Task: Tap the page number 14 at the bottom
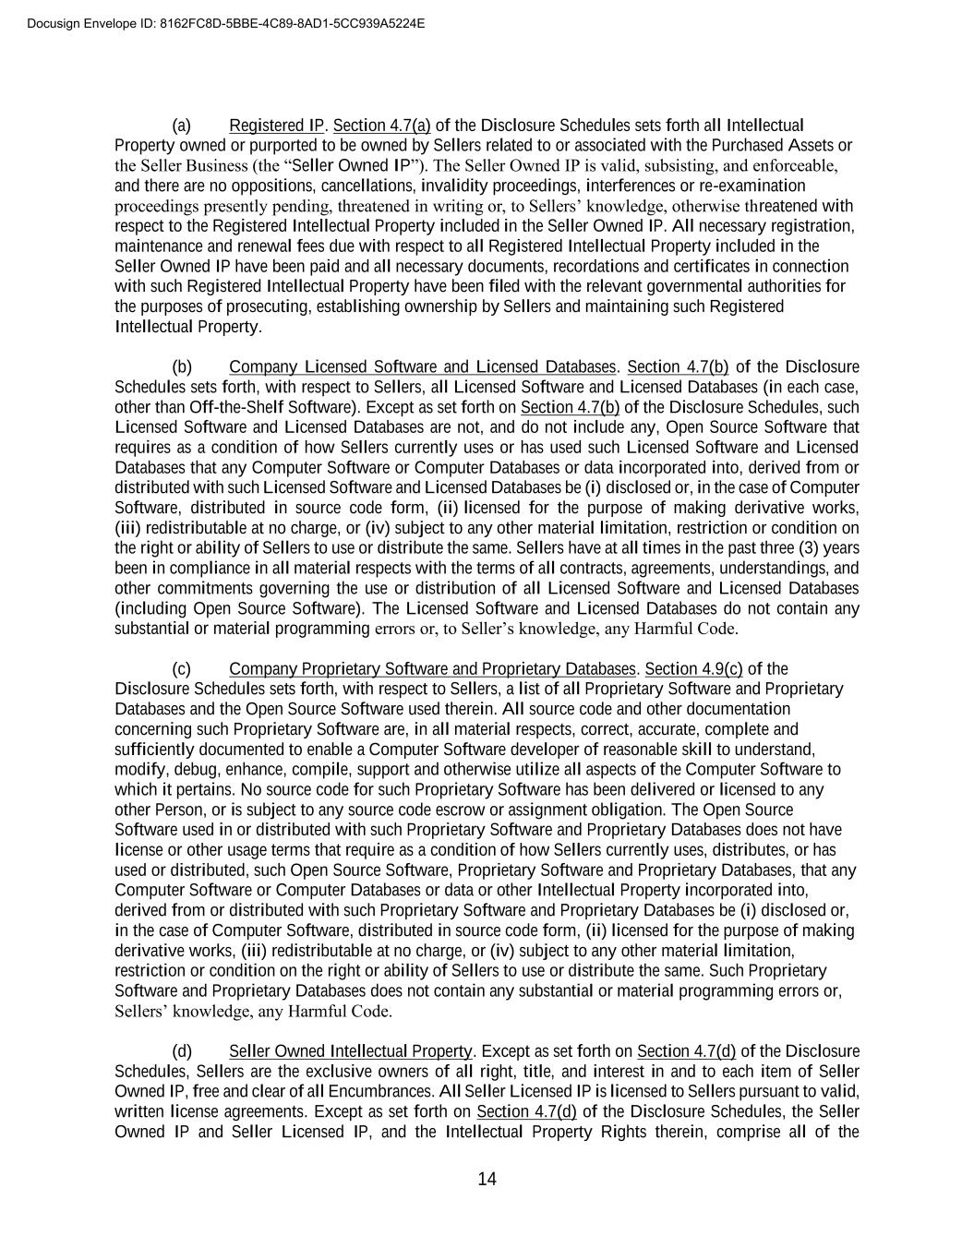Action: pyautogui.click(x=487, y=1179)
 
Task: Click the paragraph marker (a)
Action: pyautogui.click(x=181, y=126)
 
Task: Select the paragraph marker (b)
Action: pyautogui.click(x=181, y=367)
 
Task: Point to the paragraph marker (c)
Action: pyautogui.click(x=181, y=669)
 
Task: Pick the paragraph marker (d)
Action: pyautogui.click(x=181, y=1051)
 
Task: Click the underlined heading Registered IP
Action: pyautogui.click(x=277, y=126)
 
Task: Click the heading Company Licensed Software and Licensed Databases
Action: pyautogui.click(x=422, y=367)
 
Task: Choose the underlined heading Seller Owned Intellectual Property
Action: pyautogui.click(x=351, y=1051)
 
